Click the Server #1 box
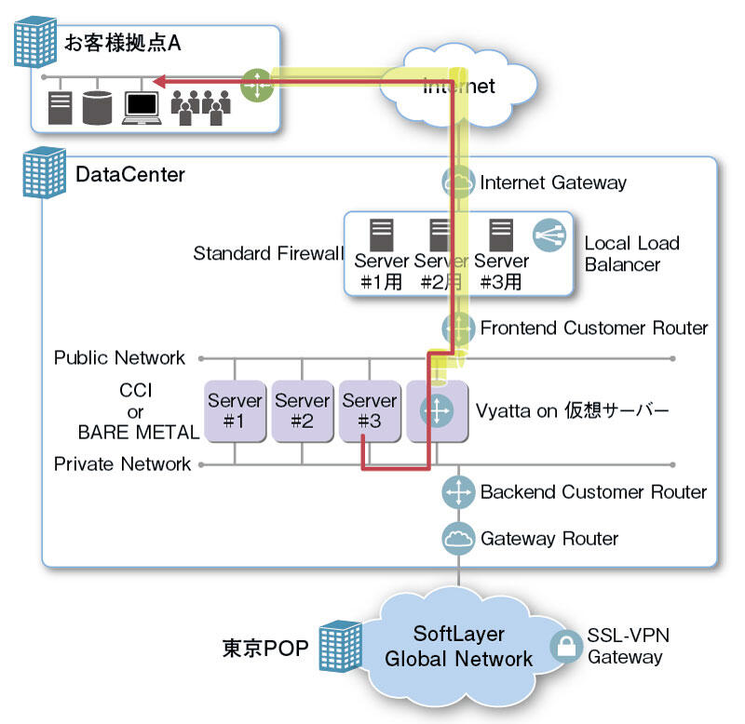coord(235,410)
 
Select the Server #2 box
coord(302,410)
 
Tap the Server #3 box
coord(369,410)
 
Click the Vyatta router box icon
coord(437,410)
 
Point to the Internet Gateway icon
coord(458,182)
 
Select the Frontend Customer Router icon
coord(458,328)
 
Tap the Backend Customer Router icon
coord(458,491)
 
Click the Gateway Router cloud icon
coord(458,538)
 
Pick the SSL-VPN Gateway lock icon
coord(565,646)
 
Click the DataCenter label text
coord(130,174)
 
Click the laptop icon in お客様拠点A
coord(143,108)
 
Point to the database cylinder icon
coord(97,107)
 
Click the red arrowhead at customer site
coord(159,83)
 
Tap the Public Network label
coord(120,357)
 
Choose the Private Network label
coord(122,463)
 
